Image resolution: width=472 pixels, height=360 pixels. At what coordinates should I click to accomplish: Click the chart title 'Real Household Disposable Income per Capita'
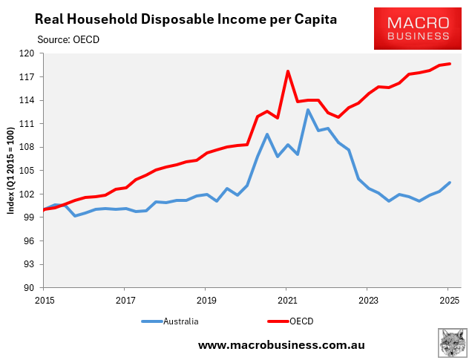click(176, 18)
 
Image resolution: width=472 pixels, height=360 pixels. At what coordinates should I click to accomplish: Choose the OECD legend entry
click(291, 321)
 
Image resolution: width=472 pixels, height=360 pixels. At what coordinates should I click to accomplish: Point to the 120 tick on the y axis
click(27, 53)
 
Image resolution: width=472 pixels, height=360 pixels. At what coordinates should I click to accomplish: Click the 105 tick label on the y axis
click(27, 171)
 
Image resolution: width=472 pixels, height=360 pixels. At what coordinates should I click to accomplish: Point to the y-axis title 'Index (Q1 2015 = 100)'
click(11, 171)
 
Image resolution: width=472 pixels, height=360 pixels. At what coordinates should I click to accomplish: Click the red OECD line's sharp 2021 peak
click(287, 71)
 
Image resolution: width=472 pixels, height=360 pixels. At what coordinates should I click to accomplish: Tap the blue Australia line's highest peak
click(308, 110)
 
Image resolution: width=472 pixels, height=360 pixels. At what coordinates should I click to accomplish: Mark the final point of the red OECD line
click(450, 64)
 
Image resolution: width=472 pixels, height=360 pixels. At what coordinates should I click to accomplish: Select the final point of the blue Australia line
click(450, 183)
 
